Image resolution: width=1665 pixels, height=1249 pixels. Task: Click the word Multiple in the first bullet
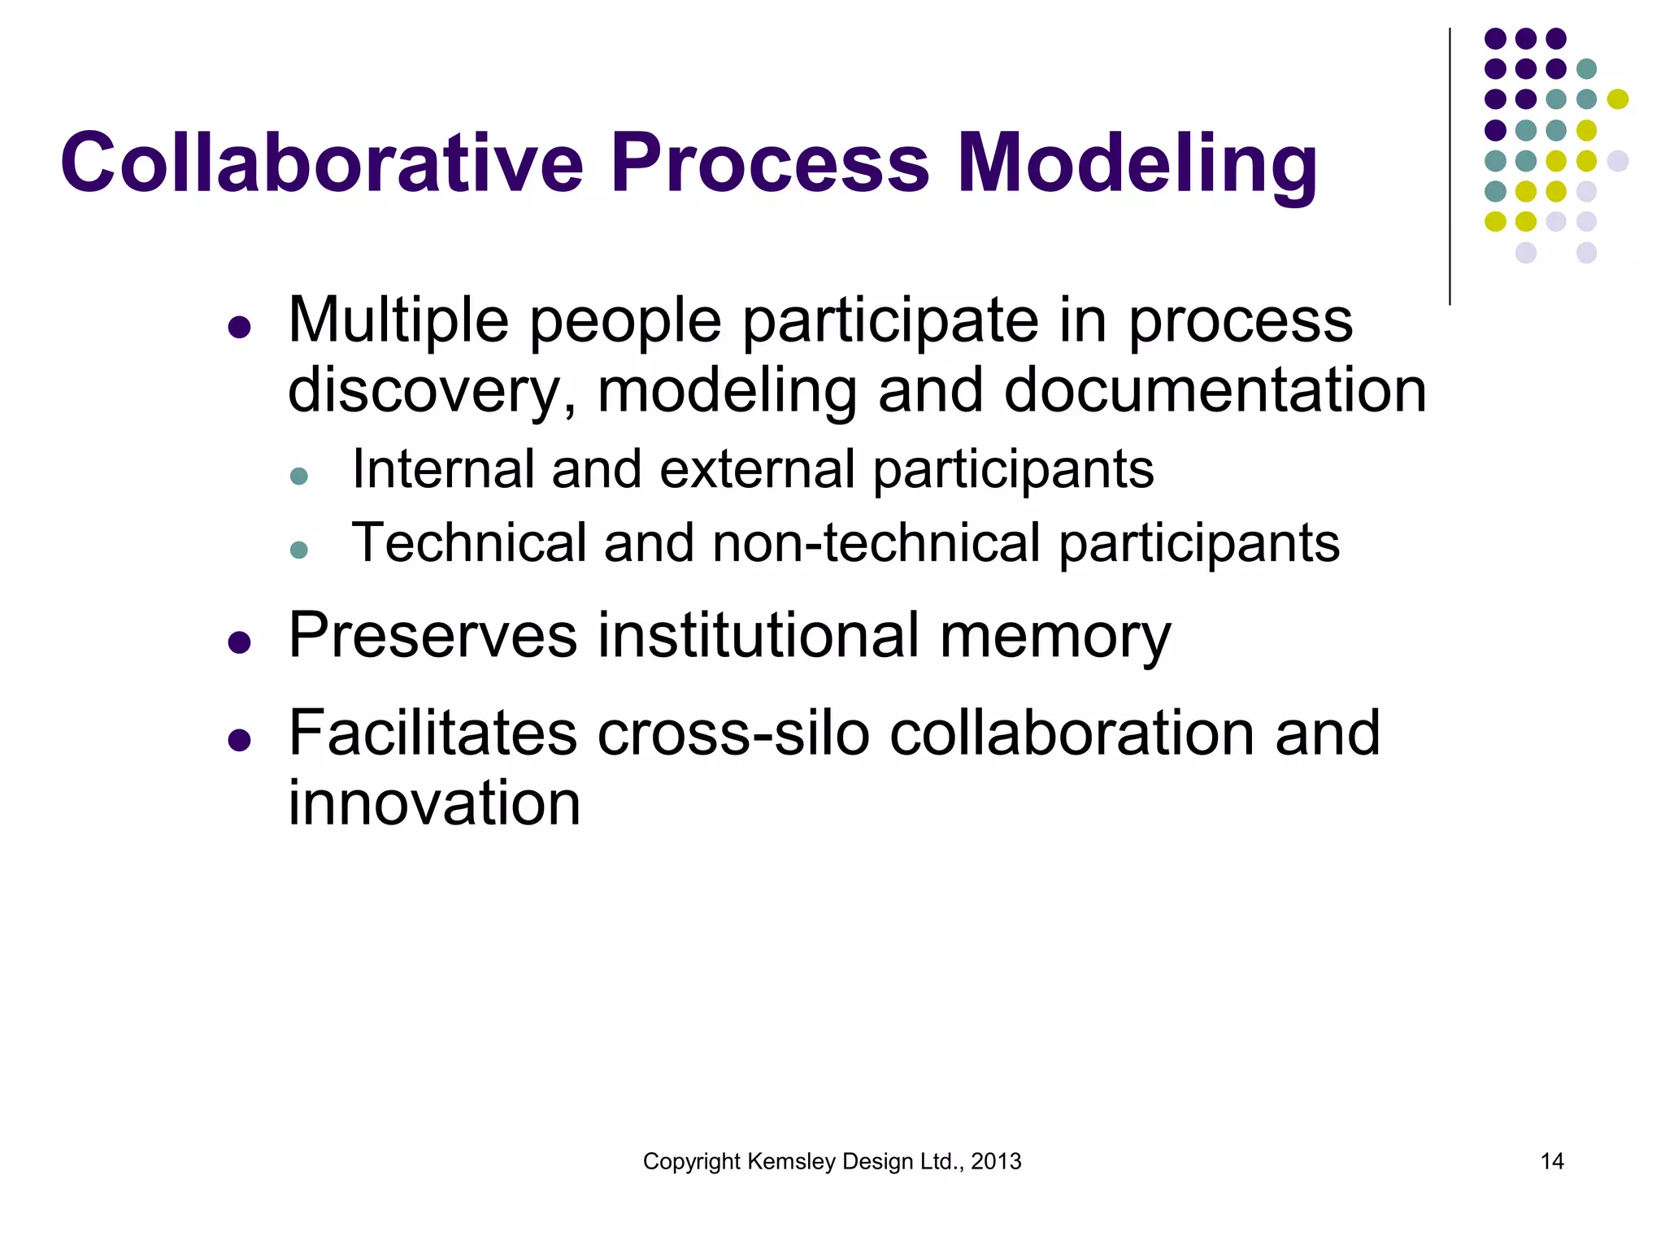click(x=398, y=320)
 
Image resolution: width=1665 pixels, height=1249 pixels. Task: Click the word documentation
click(x=1215, y=390)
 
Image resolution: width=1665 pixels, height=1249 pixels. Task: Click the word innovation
click(x=434, y=803)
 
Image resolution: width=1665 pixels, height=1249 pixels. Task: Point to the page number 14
click(x=1552, y=1161)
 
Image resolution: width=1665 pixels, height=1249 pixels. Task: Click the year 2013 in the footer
click(x=996, y=1161)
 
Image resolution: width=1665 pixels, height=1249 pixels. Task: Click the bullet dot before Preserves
click(x=239, y=643)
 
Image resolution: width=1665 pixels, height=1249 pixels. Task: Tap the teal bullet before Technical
click(x=299, y=550)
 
